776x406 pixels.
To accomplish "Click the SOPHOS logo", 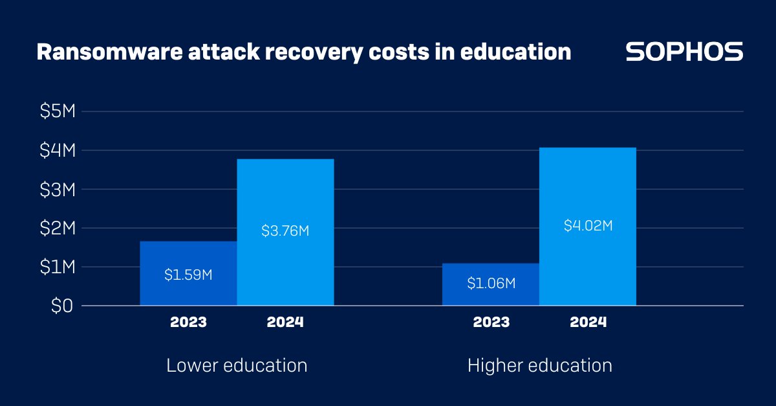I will click(x=684, y=52).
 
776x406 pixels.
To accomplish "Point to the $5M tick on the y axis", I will click(x=58, y=111).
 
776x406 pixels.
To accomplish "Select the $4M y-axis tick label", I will click(x=58, y=150).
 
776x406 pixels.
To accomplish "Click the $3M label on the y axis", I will click(x=58, y=189).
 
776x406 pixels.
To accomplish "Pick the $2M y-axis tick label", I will click(x=58, y=228).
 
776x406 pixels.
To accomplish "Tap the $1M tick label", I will click(x=58, y=267).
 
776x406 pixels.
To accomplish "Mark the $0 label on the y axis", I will click(x=62, y=306).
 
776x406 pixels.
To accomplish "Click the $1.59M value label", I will click(x=188, y=275).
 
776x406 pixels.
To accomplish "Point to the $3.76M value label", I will click(x=285, y=231).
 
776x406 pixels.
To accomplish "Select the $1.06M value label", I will click(x=490, y=283).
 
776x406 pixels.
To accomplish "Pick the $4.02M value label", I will click(x=587, y=226).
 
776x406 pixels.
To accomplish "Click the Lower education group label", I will click(x=237, y=365).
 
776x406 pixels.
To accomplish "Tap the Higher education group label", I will click(x=539, y=365).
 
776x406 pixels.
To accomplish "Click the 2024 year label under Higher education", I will click(x=588, y=322).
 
